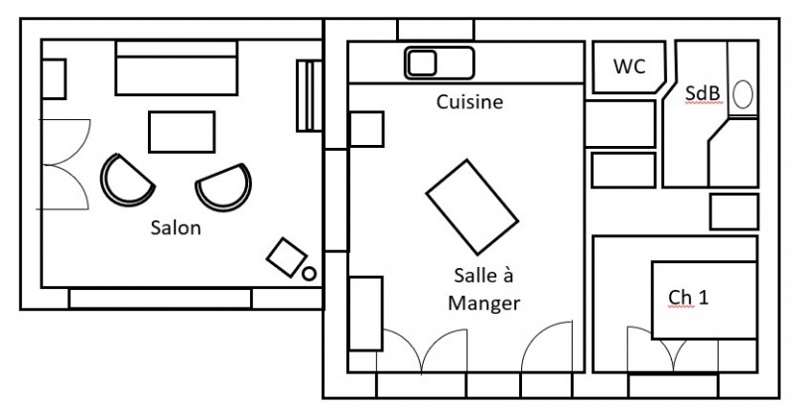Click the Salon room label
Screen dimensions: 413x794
(x=176, y=228)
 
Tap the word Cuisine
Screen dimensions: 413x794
(x=469, y=101)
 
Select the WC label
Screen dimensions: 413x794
(x=629, y=68)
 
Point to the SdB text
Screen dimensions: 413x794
(x=703, y=93)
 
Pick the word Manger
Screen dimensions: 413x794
(x=483, y=303)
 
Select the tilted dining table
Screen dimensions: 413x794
(x=472, y=207)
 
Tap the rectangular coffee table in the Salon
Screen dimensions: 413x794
(x=182, y=130)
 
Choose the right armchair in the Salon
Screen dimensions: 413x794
(x=223, y=187)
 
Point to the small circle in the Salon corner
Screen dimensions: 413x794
(x=309, y=272)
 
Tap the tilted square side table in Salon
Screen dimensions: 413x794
(x=286, y=256)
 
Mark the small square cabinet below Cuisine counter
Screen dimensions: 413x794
(x=365, y=129)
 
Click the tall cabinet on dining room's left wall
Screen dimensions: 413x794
(x=365, y=313)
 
